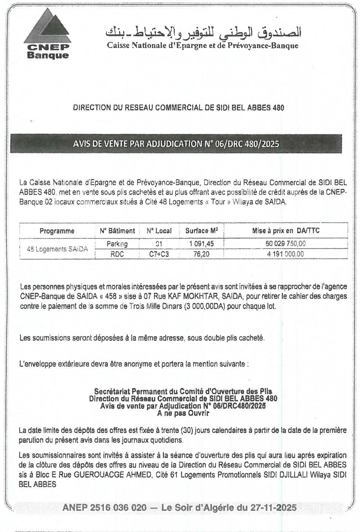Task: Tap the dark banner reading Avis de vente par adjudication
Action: pyautogui.click(x=176, y=144)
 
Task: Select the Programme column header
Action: pyautogui.click(x=57, y=231)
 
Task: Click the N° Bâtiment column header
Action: pyautogui.click(x=117, y=231)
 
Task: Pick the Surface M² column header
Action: pyautogui.click(x=202, y=230)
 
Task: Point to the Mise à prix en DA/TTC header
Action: pyautogui.click(x=286, y=230)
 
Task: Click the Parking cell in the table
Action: pyautogui.click(x=117, y=244)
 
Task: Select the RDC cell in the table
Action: pyautogui.click(x=117, y=254)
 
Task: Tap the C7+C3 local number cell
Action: pyautogui.click(x=159, y=254)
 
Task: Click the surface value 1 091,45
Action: pyautogui.click(x=202, y=244)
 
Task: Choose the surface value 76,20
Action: pyautogui.click(x=201, y=254)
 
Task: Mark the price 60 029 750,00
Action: pyautogui.click(x=286, y=244)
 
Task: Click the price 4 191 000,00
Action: pyautogui.click(x=286, y=254)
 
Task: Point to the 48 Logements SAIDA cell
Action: pyautogui.click(x=57, y=249)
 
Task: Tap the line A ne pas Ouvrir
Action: pyautogui.click(x=183, y=413)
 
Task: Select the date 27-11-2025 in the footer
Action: pyautogui.click(x=273, y=508)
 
